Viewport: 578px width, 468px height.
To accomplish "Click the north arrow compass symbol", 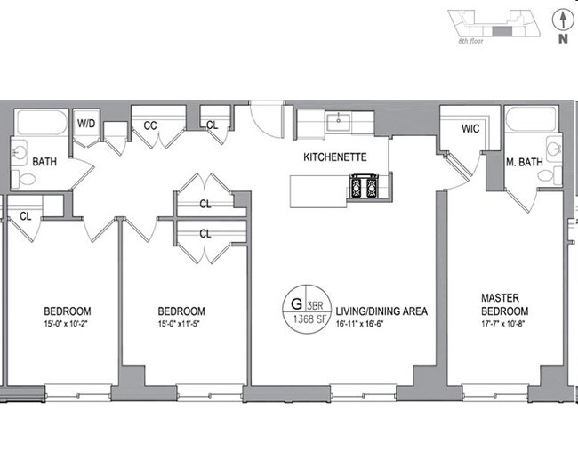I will [561, 20].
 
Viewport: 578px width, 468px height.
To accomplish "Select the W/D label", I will [86, 124].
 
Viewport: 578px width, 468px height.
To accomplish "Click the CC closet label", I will [150, 125].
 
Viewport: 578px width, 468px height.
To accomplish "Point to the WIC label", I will [470, 128].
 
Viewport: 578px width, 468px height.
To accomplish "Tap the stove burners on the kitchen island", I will [366, 187].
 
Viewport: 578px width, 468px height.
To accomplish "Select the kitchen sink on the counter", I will [337, 122].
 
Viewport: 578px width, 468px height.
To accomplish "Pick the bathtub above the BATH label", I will [37, 123].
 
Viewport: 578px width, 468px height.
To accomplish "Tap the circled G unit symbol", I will [296, 302].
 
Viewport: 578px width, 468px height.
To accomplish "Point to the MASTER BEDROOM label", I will [504, 305].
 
